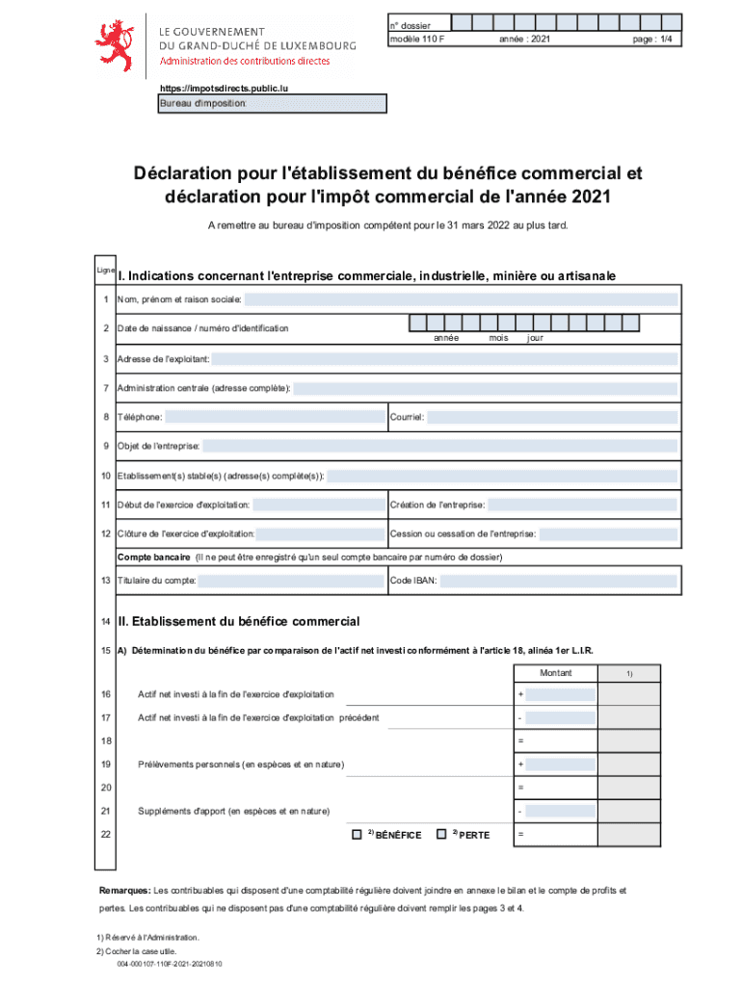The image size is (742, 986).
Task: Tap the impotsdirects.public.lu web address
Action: tap(224, 88)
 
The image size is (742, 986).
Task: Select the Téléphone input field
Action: tap(273, 418)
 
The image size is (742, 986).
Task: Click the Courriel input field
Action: tap(551, 418)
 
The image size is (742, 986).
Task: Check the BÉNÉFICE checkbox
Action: tap(357, 833)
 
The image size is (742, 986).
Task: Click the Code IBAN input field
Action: tap(559, 581)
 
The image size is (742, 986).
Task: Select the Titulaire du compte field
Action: tap(289, 581)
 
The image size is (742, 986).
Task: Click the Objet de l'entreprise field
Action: tap(439, 447)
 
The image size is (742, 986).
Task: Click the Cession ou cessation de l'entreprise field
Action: tap(608, 534)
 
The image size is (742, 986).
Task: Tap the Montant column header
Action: tap(555, 672)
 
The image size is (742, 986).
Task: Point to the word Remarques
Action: tap(124, 890)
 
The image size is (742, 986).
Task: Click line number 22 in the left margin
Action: tap(106, 834)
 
